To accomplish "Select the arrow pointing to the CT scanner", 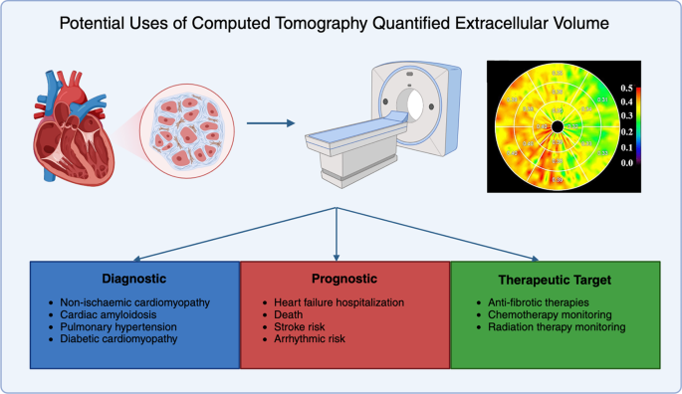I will [272, 124].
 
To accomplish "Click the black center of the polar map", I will [559, 127].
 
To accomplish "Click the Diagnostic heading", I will [134, 279].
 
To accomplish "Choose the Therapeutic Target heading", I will [556, 279].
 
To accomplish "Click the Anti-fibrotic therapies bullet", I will [539, 300].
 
